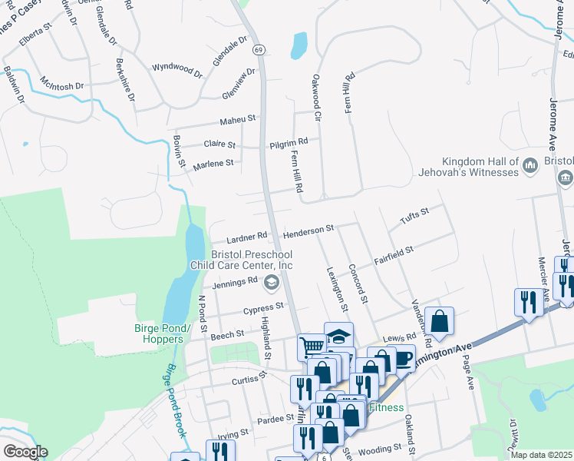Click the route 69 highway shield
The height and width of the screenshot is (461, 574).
pyautogui.click(x=260, y=50)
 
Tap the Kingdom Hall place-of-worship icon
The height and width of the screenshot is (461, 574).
pyautogui.click(x=529, y=166)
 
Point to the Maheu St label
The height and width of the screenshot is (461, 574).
pyautogui.click(x=237, y=120)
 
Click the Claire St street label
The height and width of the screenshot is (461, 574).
pyautogui.click(x=219, y=144)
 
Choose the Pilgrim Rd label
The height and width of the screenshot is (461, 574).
pyautogui.click(x=289, y=142)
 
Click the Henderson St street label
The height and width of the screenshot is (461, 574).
pyautogui.click(x=308, y=230)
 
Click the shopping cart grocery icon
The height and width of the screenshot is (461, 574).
pyautogui.click(x=312, y=347)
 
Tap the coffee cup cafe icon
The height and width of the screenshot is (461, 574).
pyautogui.click(x=403, y=357)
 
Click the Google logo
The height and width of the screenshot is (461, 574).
pyautogui.click(x=25, y=452)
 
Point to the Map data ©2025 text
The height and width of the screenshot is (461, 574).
pyautogui.click(x=542, y=455)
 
